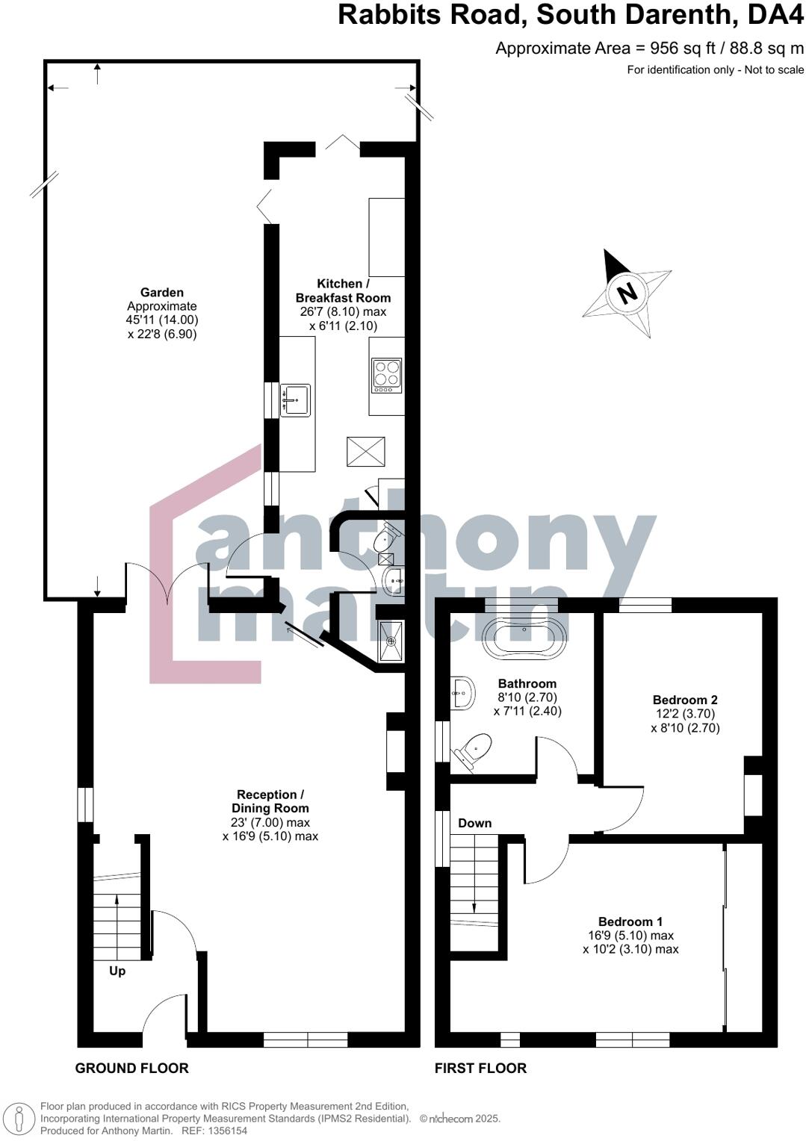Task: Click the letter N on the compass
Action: click(627, 292)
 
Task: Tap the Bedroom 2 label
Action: click(685, 700)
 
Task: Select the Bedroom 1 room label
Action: click(630, 921)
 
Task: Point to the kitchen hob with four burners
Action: click(387, 376)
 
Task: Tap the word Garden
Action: click(162, 293)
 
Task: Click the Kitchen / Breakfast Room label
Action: click(343, 290)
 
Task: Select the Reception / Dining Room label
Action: click(270, 801)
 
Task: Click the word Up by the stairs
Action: click(117, 971)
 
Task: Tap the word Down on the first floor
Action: click(474, 823)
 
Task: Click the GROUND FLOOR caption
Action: click(131, 1068)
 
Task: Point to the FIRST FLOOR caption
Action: click(480, 1068)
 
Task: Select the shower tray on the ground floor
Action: click(391, 641)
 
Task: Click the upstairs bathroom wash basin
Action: click(462, 694)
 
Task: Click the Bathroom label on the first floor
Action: click(527, 683)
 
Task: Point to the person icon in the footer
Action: click(22, 1118)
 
